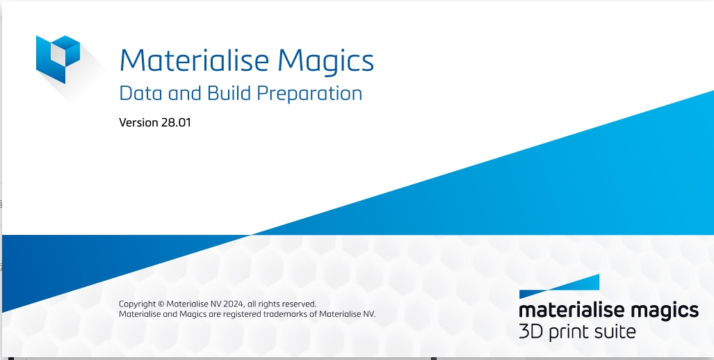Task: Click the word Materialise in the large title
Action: coord(194,61)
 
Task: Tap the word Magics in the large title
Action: coord(326,61)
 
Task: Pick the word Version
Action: coord(139,123)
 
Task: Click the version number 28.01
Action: coord(176,123)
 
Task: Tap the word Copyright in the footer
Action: coord(138,304)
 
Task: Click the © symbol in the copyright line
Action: coord(161,304)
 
